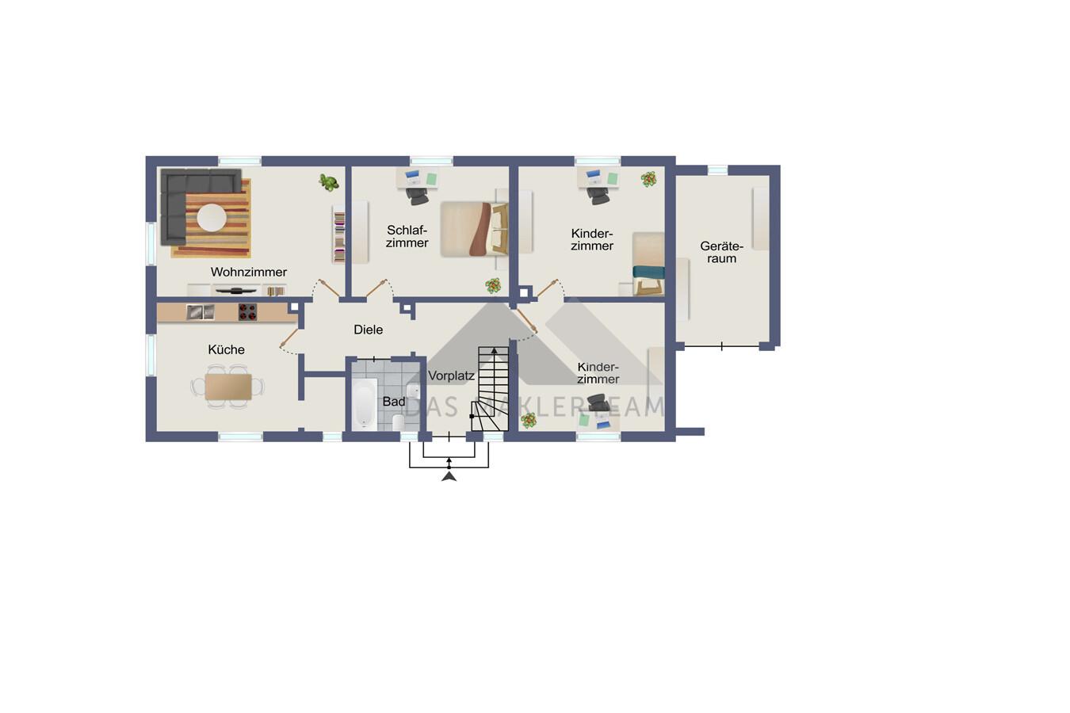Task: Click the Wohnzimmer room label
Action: pos(248,273)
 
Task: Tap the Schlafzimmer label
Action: pos(407,236)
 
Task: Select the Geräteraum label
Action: pos(722,252)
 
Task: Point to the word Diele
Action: pos(369,330)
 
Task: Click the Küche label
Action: pos(226,349)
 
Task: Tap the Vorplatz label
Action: pos(452,376)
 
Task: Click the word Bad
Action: pos(394,402)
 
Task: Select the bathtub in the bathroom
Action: pos(365,403)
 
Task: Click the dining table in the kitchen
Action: pos(228,387)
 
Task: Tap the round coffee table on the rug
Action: pos(212,218)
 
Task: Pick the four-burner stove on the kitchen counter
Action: pos(247,312)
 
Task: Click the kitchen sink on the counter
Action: pos(201,312)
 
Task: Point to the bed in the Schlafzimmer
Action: pos(474,229)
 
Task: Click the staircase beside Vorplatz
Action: pos(490,389)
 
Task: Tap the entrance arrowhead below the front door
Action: pos(449,476)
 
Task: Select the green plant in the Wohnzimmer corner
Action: pos(329,182)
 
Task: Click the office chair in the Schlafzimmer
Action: pos(418,196)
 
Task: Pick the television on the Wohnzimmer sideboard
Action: pos(236,291)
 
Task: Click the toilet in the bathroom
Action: pos(397,422)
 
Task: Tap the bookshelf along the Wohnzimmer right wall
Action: pos(338,234)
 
